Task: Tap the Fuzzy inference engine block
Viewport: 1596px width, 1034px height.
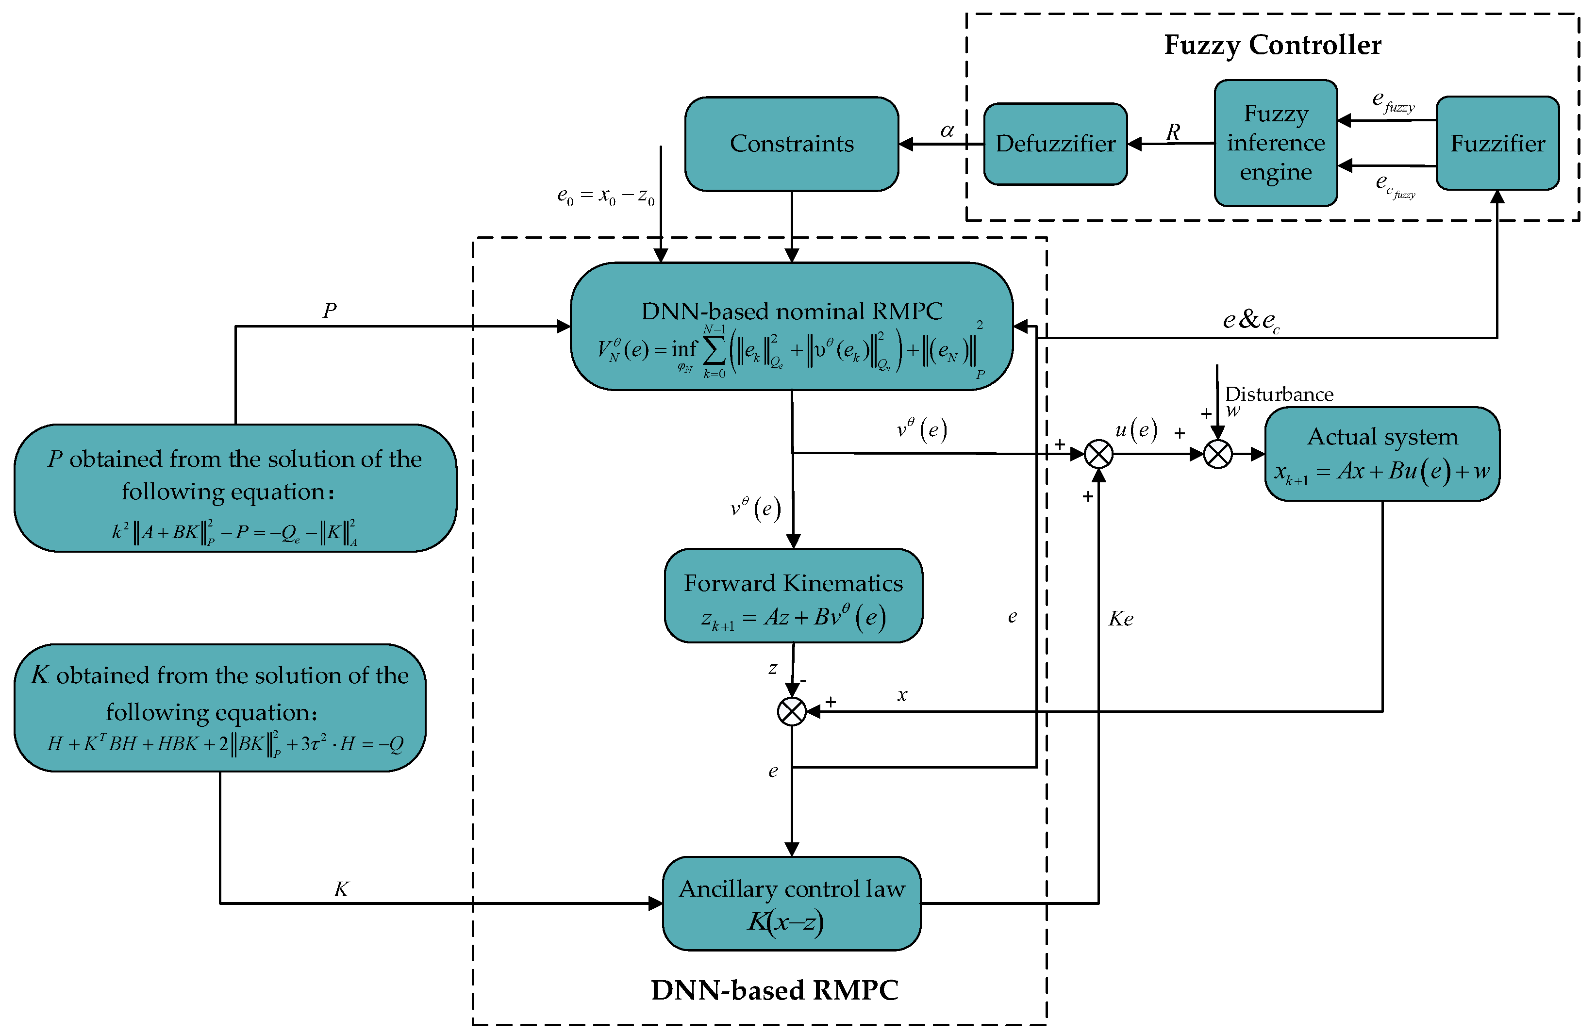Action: click(x=1276, y=143)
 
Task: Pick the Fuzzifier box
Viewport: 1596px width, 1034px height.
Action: click(x=1497, y=144)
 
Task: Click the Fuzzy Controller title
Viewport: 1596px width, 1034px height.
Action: click(x=1272, y=45)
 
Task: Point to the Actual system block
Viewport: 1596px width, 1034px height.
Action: click(x=1381, y=454)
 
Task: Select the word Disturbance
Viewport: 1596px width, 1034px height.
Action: click(x=1279, y=394)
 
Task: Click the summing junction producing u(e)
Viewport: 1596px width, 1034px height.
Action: click(x=1098, y=454)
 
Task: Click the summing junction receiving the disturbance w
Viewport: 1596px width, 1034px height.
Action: click(x=1218, y=454)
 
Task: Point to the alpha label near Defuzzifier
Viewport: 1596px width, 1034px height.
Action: click(x=947, y=130)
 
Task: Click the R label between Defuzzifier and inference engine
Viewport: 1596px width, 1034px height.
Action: click(x=1172, y=132)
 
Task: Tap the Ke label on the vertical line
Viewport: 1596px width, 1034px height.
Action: click(x=1121, y=618)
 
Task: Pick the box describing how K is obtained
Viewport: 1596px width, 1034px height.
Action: click(x=219, y=707)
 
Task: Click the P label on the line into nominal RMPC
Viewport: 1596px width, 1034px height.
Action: click(x=329, y=310)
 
